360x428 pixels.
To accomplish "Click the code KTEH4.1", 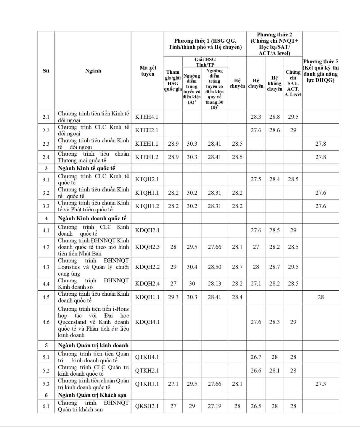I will click(147, 117).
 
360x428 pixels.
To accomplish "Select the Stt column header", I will click(46, 71).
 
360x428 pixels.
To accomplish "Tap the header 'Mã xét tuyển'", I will click(148, 71).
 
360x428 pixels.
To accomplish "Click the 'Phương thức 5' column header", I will click(321, 71).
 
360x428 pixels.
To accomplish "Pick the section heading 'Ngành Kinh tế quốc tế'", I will click(86, 168).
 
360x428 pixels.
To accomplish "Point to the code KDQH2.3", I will click(147, 247).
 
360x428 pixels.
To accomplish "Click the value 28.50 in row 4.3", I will click(214, 267).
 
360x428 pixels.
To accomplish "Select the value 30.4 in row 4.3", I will click(192, 267).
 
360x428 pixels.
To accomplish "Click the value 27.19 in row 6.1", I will click(214, 406).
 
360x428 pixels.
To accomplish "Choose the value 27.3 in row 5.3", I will click(321, 384).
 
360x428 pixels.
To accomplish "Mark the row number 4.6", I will click(46, 322).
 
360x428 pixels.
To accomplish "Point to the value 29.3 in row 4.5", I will click(173, 297).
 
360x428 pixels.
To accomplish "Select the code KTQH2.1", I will click(147, 179).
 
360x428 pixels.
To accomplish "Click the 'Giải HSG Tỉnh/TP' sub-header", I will click(205, 62).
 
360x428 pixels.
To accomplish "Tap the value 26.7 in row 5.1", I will click(256, 357).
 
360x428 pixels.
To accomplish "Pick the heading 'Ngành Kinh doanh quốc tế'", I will click(92, 218).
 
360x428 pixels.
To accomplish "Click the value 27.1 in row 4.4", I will click(256, 284).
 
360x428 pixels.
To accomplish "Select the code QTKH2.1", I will click(147, 371).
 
